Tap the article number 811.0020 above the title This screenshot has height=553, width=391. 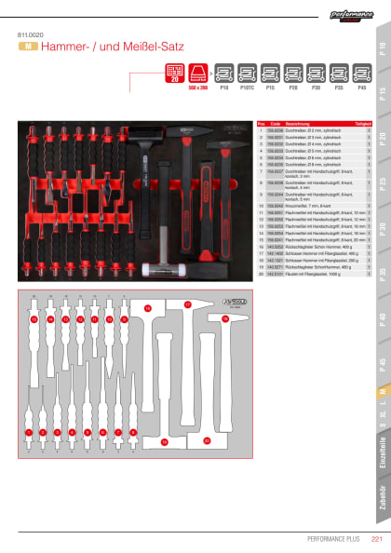(x=30, y=34)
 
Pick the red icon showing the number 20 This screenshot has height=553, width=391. (x=174, y=72)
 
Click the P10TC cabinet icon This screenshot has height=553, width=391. (x=248, y=73)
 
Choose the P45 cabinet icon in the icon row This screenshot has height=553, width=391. (x=361, y=73)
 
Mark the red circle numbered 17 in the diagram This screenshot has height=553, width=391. (x=187, y=304)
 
